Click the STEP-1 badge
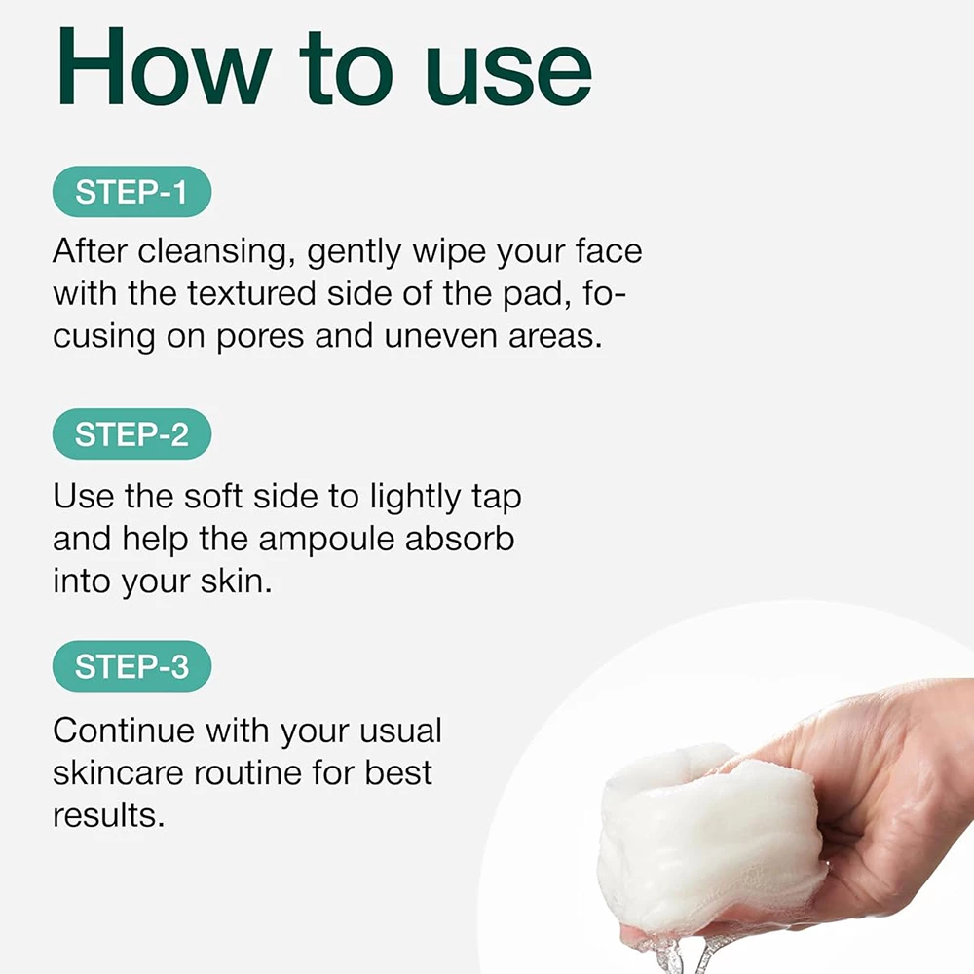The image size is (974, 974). pos(131,191)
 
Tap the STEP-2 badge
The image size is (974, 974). pos(131,433)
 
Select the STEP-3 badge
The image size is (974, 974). pos(131,666)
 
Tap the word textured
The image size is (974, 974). pos(251,293)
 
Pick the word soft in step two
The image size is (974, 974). pos(213,497)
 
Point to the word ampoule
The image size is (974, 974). pos(326,541)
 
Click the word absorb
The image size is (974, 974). pos(460,538)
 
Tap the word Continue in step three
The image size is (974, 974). pos(124,730)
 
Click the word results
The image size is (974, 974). pos(109,815)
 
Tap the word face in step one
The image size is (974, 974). pos(609,251)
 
